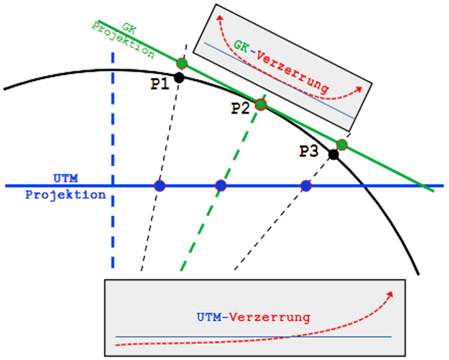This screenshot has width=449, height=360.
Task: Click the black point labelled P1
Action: (178, 77)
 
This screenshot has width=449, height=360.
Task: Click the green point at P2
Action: (260, 104)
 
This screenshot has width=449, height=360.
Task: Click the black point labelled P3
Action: (333, 154)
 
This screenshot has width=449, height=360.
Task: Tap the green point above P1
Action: (182, 63)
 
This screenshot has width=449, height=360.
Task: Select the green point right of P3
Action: (341, 144)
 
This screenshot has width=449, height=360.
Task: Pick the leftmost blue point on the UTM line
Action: (159, 186)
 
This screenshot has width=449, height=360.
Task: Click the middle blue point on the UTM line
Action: (220, 186)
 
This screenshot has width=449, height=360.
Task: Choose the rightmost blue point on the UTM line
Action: (306, 186)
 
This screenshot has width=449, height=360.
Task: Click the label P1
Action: (159, 84)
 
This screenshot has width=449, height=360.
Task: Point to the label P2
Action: (241, 108)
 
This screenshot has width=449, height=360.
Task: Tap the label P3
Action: (309, 151)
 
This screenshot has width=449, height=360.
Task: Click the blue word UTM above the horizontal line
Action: (65, 178)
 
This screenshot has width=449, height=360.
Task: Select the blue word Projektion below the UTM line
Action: (65, 194)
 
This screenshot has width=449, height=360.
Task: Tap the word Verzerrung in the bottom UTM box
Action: (280, 316)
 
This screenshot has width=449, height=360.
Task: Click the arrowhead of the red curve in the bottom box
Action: (392, 293)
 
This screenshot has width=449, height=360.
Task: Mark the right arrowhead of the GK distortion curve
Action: (360, 88)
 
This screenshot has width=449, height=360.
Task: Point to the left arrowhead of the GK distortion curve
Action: (219, 17)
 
